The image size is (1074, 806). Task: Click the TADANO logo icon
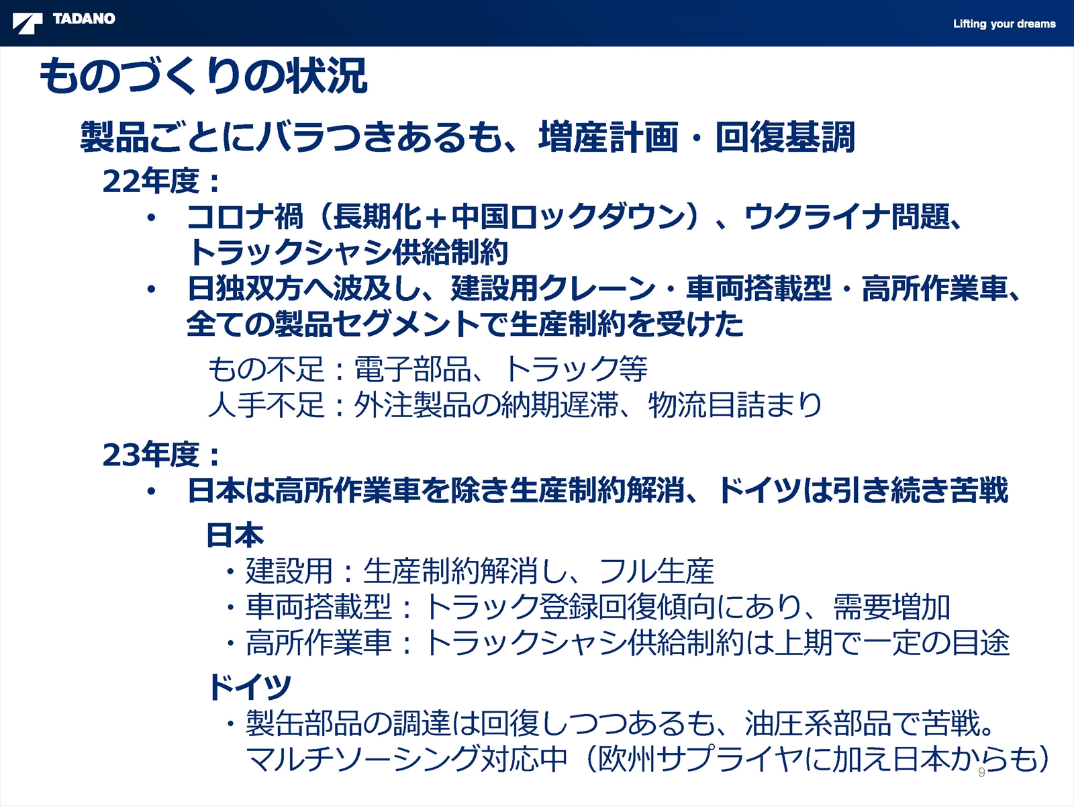pos(27,23)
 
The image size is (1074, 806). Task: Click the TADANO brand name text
pos(84,19)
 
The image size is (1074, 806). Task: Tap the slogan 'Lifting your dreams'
pos(1004,24)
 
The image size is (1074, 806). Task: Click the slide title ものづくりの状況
pos(203,75)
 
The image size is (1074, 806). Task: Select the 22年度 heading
pos(161,181)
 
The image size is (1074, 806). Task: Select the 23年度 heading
pos(161,454)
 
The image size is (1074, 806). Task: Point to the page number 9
pos(981,772)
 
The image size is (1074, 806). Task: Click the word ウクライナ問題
pos(846,216)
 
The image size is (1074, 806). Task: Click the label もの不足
pos(266,369)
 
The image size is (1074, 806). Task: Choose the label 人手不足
pos(266,405)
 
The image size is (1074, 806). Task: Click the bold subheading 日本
pos(236,535)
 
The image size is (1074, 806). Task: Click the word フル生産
pos(656,571)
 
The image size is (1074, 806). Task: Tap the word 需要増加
pos(892,607)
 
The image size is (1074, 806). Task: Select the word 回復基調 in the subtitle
pos(785,136)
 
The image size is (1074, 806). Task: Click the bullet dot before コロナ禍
pos(151,217)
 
